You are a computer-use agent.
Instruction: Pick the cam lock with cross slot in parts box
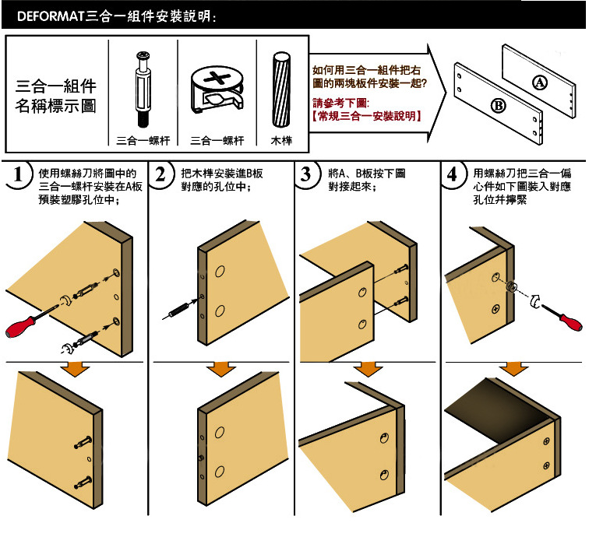pos(216,90)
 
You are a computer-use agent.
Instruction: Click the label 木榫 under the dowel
pos(280,141)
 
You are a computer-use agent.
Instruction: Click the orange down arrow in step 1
pos(76,369)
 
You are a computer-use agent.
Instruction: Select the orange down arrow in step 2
pos(222,369)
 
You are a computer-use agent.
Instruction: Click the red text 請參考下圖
pos(340,103)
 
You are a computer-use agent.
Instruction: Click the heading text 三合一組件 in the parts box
pos(56,86)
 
